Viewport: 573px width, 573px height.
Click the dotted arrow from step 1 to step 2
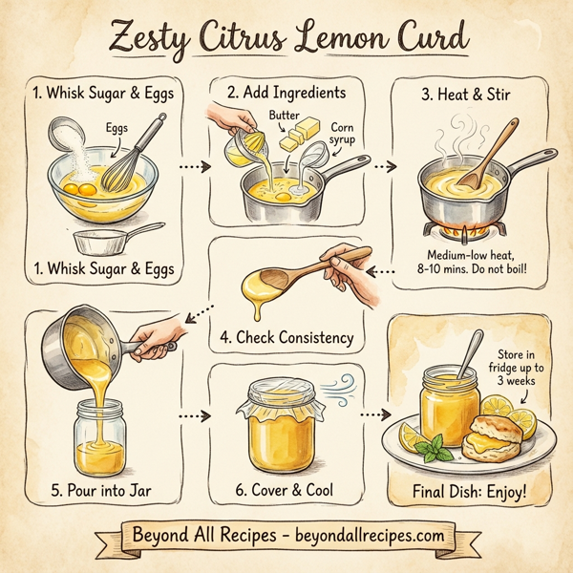click(195, 165)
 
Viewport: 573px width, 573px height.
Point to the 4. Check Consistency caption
click(286, 337)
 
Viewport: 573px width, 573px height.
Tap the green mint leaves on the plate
click(438, 446)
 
